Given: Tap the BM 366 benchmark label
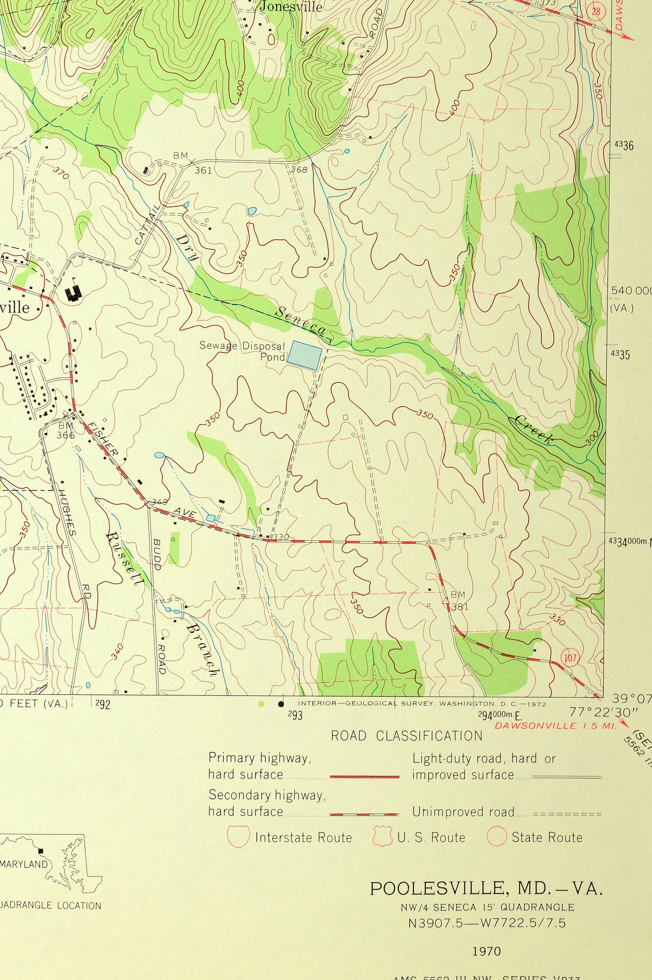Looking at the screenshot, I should pos(66,430).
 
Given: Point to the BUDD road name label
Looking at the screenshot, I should pos(157,554).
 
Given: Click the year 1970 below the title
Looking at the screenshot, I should pos(487,948).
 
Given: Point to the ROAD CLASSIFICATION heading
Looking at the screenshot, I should pos(406,736).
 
